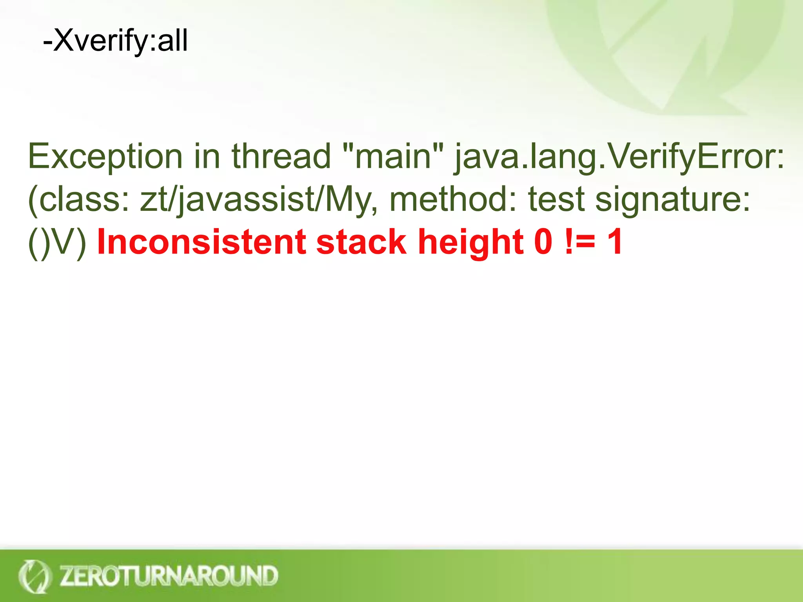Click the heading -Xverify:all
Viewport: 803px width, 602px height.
115,41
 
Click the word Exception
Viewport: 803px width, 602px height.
105,156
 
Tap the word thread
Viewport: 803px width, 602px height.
281,156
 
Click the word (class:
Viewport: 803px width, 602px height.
79,199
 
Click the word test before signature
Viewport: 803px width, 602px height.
557,199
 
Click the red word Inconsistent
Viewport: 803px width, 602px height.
201,242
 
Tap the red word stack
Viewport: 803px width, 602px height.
361,242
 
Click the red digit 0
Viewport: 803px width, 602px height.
543,242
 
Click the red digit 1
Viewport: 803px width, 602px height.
614,242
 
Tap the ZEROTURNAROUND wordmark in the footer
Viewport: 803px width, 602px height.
169,575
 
